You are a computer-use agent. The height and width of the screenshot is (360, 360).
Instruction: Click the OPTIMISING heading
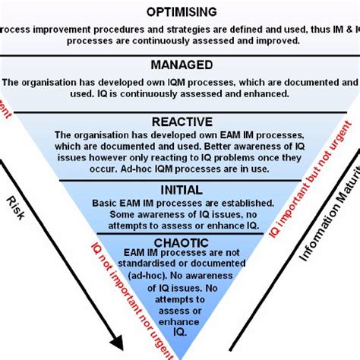click(x=179, y=11)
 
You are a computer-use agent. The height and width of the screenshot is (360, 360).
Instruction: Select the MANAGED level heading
click(x=180, y=65)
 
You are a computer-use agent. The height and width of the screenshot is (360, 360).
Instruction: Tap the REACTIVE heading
click(x=179, y=122)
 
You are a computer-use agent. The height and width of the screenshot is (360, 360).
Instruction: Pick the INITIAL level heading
click(x=179, y=189)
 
